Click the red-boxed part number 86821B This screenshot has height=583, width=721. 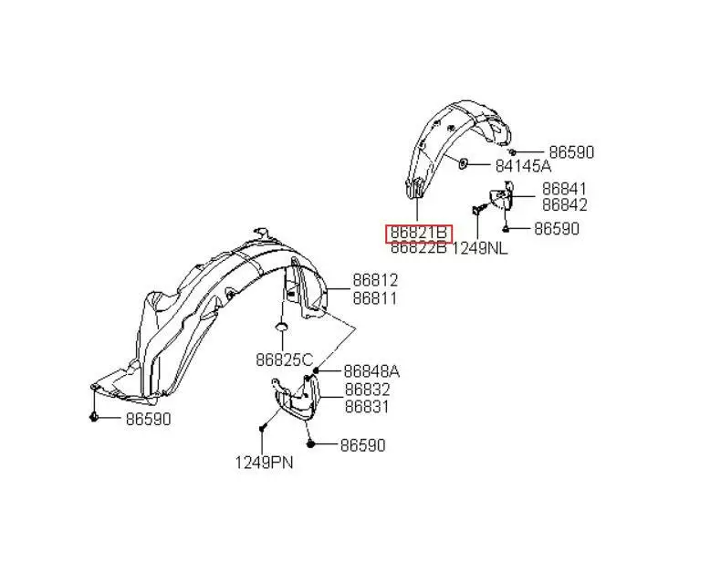click(418, 233)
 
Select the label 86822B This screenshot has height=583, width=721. click(418, 248)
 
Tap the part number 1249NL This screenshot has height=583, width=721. click(479, 249)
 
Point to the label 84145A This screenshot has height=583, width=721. click(523, 166)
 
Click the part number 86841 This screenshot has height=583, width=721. click(564, 189)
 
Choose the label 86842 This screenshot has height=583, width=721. click(565, 205)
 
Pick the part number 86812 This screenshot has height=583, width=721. click(375, 280)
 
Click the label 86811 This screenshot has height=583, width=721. click(375, 298)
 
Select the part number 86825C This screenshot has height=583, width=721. click(284, 359)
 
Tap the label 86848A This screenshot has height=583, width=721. click(372, 371)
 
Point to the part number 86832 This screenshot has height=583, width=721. click(368, 390)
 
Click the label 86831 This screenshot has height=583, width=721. click(367, 407)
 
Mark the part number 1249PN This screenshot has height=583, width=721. click(264, 463)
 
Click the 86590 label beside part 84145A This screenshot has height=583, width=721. click(571, 152)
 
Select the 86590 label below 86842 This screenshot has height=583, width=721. click(557, 228)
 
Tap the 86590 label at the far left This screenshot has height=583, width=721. click(149, 419)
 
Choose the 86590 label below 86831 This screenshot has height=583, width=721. click(363, 445)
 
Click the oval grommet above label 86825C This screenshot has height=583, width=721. click(282, 327)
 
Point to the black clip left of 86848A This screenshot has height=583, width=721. click(316, 370)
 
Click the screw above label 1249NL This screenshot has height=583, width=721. click(478, 210)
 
